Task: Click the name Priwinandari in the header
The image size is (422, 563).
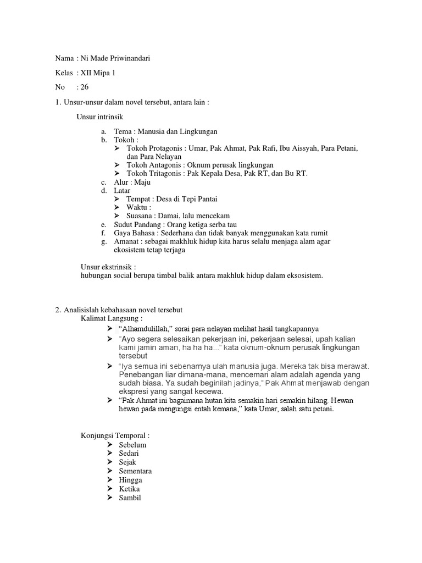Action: [128, 59]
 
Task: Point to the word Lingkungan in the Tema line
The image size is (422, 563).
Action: [198, 131]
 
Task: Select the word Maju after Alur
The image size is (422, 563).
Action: [142, 182]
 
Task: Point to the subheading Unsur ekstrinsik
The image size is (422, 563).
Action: [108, 267]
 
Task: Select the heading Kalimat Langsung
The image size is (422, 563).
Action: [112, 318]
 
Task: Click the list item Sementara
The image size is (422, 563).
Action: [135, 471]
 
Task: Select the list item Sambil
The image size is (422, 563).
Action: [130, 498]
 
